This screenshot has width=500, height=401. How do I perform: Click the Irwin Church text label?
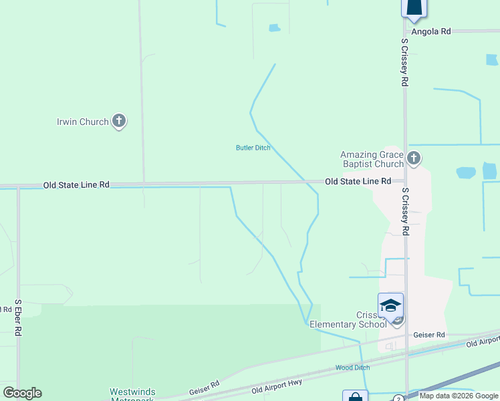[84, 122]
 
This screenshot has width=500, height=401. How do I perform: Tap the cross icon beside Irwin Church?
[119, 121]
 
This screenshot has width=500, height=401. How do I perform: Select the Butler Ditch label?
[253, 148]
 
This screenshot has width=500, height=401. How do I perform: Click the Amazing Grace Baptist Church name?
[372, 159]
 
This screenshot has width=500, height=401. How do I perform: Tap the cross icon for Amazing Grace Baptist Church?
[414, 158]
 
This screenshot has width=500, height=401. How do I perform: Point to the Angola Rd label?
[431, 31]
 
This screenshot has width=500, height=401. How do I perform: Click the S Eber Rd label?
[18, 317]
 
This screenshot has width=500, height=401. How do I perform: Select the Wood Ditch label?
[352, 368]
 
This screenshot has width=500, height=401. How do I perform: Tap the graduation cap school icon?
[390, 305]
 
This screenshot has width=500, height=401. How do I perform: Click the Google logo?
[22, 393]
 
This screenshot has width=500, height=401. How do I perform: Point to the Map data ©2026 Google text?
[459, 396]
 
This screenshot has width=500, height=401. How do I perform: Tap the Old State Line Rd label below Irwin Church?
[76, 184]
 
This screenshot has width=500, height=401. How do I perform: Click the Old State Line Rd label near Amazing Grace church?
[358, 181]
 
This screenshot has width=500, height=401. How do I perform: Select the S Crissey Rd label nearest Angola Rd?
[405, 62]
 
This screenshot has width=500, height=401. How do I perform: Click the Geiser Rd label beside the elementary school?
[429, 334]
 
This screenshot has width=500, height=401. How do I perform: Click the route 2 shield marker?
[398, 398]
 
